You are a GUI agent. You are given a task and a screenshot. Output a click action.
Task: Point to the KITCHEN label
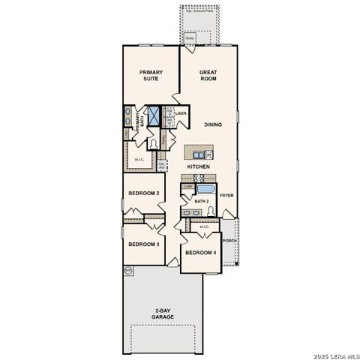click(x=198, y=166)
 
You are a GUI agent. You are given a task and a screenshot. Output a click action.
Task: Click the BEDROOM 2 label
click(x=142, y=193)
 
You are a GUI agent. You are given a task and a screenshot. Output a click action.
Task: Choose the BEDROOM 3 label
click(x=142, y=244)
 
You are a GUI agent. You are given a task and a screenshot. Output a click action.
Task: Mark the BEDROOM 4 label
click(x=200, y=252)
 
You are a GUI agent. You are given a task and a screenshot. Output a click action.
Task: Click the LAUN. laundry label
click(x=181, y=113)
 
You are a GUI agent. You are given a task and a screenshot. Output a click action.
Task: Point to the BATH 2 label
click(x=201, y=201)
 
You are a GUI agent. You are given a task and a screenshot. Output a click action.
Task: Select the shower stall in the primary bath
click(x=155, y=116)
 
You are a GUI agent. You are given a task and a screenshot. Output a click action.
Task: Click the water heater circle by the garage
click(x=127, y=269)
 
